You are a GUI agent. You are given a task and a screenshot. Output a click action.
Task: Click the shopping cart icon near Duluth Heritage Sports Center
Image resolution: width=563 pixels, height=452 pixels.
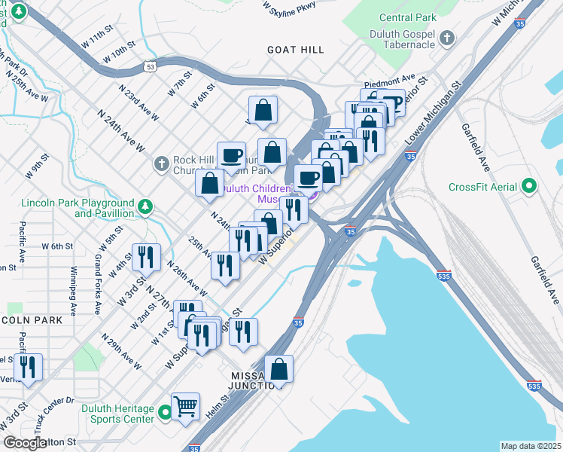185,407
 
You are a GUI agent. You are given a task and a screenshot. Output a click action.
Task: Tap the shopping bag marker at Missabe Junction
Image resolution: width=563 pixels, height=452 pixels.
278,369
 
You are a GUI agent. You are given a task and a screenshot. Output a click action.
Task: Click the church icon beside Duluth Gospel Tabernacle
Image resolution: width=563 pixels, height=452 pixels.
447,38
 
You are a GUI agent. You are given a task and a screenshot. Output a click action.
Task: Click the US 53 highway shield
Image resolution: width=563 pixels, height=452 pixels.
151,68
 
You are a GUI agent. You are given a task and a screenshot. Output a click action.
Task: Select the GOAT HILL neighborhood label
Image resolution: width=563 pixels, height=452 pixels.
295,50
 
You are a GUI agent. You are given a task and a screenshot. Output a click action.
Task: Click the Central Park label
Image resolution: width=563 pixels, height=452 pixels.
408,17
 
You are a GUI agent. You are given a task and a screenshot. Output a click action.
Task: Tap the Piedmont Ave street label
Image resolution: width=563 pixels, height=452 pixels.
390,79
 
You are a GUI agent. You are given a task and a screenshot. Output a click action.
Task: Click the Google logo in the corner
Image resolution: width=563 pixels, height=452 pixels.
25,443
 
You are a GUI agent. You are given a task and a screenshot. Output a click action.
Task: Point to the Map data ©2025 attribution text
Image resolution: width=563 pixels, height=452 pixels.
531,446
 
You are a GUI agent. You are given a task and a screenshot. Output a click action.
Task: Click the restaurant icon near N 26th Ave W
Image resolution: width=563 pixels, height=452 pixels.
225,265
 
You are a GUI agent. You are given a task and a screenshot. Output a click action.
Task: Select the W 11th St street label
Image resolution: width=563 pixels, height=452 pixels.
98,38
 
